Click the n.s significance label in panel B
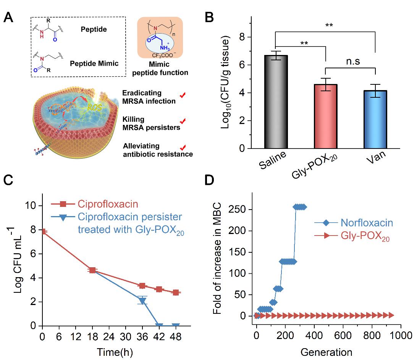tap(350, 61)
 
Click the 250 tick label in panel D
tap(239, 209)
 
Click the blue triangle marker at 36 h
tap(142, 301)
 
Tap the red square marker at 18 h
tap(92, 270)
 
